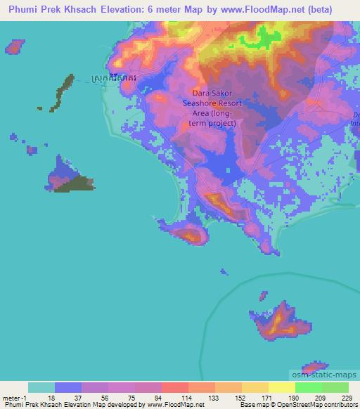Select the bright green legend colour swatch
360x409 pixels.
(308, 387)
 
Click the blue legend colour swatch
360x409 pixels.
(68, 387)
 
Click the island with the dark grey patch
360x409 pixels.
(69, 176)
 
